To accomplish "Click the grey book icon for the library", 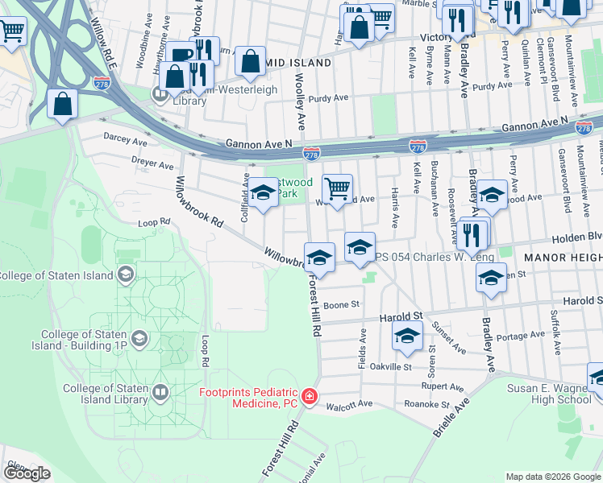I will tap(160, 394).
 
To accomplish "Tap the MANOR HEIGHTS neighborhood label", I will tap(562, 258).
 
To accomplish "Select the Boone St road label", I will tap(341, 305).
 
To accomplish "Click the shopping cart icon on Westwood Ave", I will tap(337, 189).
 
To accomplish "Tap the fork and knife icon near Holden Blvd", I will tap(472, 233).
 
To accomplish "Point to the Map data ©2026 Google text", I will tap(553, 477).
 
